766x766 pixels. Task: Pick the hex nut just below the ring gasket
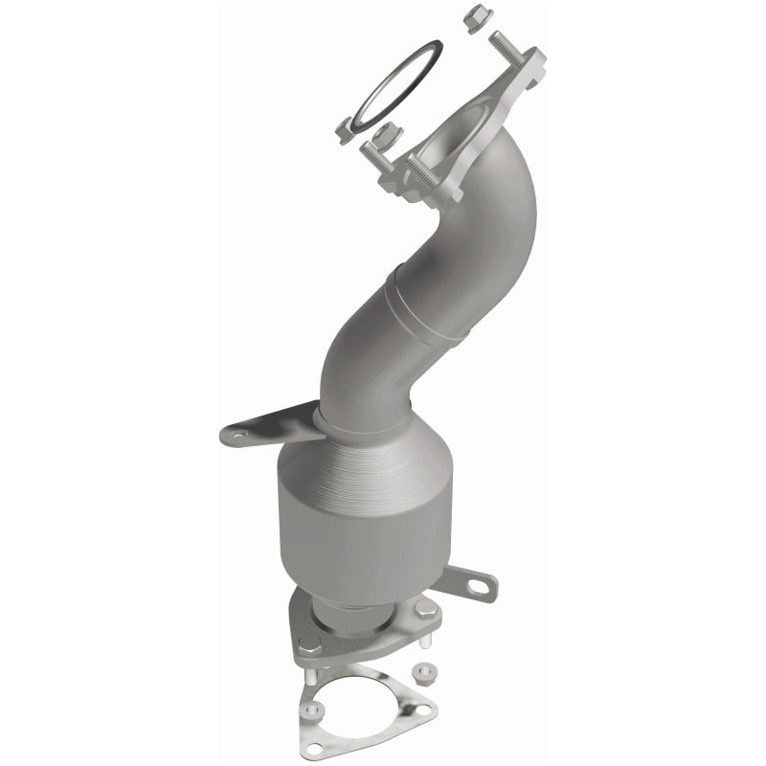[388, 135]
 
